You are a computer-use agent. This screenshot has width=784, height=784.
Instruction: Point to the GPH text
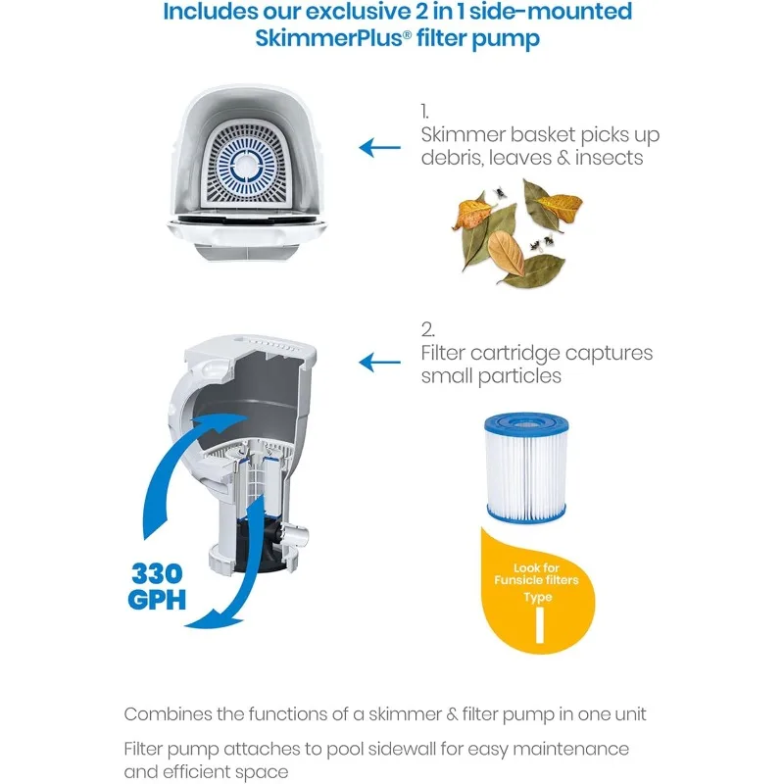[157, 598]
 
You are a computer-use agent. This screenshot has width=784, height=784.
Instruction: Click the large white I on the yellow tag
[538, 627]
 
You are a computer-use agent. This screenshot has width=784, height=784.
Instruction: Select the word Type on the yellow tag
[538, 596]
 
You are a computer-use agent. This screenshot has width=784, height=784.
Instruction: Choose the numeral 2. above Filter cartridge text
[427, 329]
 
